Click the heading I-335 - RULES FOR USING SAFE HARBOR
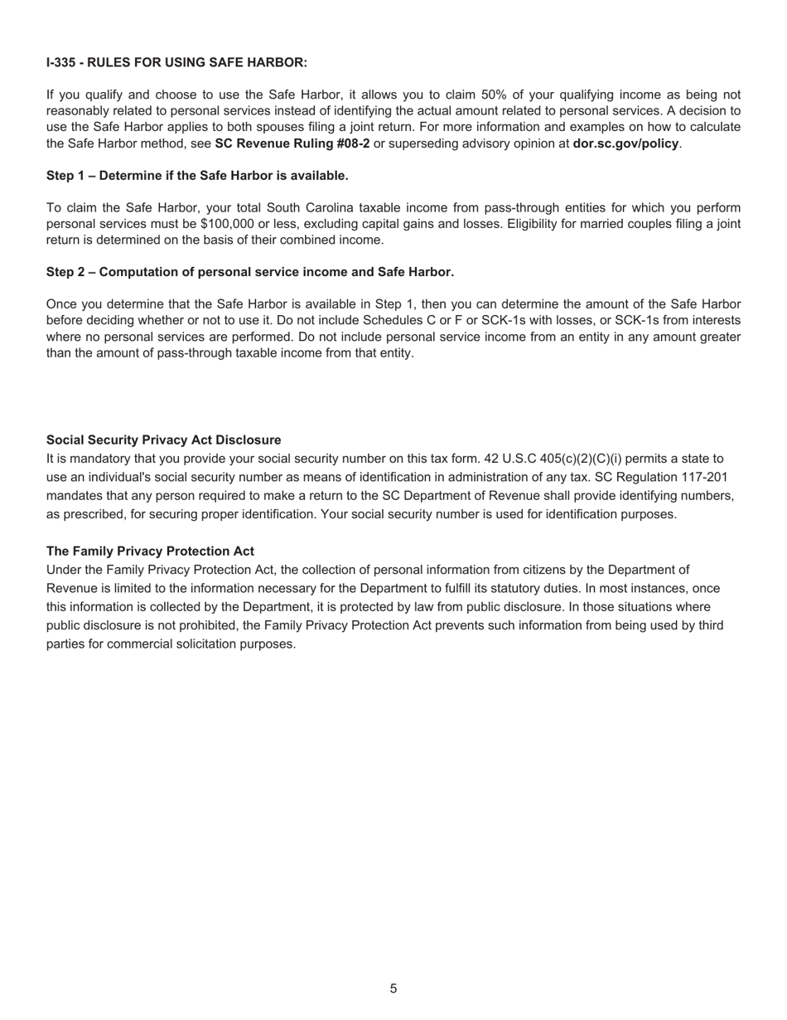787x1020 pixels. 176,62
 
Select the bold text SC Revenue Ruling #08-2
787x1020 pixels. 292,143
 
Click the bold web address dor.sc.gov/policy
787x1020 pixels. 625,143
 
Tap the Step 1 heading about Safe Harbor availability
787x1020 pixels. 197,176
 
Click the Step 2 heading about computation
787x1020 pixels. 250,272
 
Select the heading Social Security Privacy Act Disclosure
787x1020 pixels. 163,440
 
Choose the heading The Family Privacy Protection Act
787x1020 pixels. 150,551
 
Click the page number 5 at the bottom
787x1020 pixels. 393,988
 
